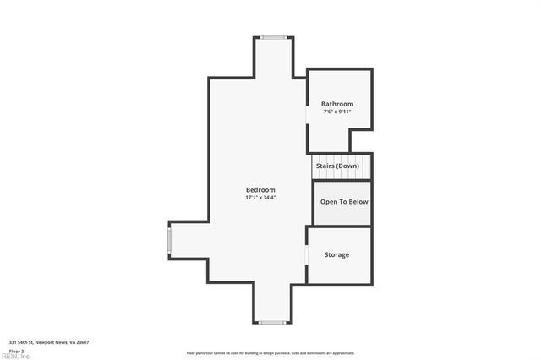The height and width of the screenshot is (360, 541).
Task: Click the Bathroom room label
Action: tap(336, 104)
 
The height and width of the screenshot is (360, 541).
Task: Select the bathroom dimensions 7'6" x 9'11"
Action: tap(336, 112)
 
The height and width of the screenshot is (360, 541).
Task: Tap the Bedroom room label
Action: tap(260, 190)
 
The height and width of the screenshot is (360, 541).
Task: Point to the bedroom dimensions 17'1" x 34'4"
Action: tap(260, 198)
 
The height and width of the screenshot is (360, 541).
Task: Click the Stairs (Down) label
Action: tap(337, 166)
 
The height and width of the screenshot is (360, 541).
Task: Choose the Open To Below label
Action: tap(344, 202)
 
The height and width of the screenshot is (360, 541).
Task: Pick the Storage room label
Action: tap(336, 254)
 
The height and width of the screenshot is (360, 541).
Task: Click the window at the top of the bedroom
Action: tap(273, 37)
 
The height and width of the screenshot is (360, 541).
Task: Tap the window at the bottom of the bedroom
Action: tap(272, 322)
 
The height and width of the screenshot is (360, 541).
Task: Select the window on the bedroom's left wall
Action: tap(169, 241)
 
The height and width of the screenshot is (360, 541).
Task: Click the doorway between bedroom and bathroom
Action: tap(307, 116)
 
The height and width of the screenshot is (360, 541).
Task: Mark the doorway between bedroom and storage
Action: tap(307, 254)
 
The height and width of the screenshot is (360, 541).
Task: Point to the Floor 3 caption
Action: tap(17, 350)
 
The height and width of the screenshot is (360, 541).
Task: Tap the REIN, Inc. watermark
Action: tap(15, 356)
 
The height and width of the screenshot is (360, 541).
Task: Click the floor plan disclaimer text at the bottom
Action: tap(270, 353)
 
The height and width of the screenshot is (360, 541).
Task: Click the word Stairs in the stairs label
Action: tap(325, 166)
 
